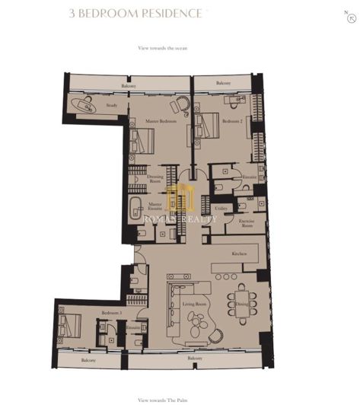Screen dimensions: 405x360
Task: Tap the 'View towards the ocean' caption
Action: [162, 48]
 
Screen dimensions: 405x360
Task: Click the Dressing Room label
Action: [155, 180]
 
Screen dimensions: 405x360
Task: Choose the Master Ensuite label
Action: [155, 206]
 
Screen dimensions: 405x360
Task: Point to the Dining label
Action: [242, 304]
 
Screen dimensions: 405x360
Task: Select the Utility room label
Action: [221, 207]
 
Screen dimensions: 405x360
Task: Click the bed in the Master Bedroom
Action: [142, 140]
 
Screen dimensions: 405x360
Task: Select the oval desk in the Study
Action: [82, 105]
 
